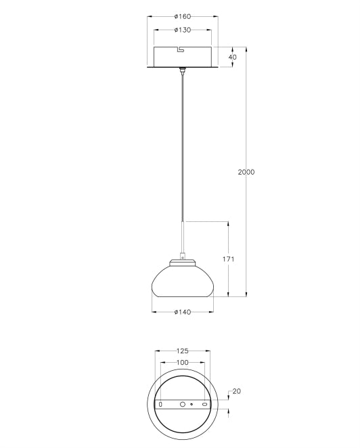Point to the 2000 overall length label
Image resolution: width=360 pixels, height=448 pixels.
[x=246, y=172]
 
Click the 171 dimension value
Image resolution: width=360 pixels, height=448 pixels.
[x=228, y=259]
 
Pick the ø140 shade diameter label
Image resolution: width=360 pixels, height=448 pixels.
[x=181, y=312]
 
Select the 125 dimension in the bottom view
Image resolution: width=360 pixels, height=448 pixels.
[x=181, y=351]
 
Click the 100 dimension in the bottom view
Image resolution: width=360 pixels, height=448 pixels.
[x=181, y=363]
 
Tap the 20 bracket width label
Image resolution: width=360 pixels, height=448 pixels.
[x=236, y=391]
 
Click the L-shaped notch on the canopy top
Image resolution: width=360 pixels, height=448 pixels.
[x=180, y=49]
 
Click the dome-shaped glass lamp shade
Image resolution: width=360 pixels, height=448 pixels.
[x=181, y=281]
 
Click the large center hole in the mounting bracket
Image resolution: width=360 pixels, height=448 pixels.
[x=181, y=405]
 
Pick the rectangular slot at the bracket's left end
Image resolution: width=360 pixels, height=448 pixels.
[x=160, y=405]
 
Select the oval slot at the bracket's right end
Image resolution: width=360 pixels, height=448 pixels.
[x=204, y=405]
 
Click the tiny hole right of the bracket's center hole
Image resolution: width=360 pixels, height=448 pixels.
[x=192, y=405]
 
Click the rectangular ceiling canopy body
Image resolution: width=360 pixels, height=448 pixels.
[x=181, y=57]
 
